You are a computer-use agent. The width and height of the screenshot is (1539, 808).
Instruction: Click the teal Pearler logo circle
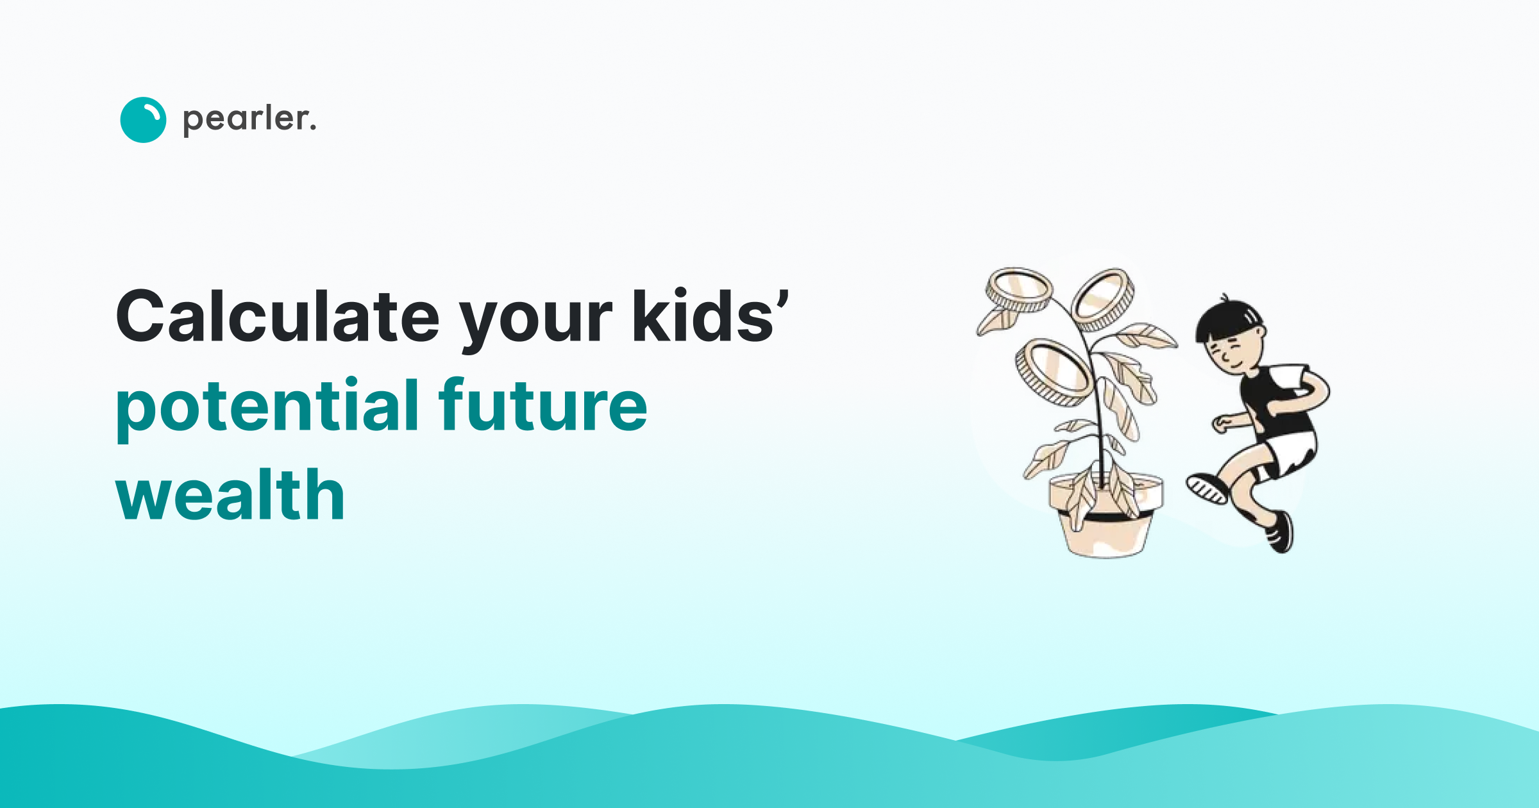coord(143,120)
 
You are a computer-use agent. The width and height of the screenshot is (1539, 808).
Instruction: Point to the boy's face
coord(1234,353)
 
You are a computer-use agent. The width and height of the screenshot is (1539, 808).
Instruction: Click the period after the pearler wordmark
coord(313,128)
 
